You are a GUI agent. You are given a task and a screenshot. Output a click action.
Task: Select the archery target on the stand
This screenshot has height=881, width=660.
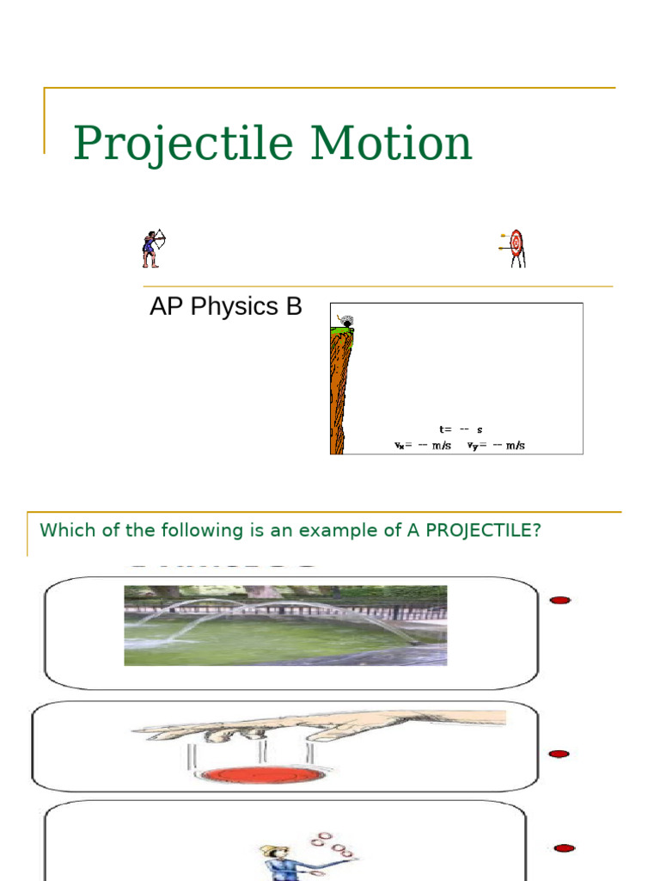516,247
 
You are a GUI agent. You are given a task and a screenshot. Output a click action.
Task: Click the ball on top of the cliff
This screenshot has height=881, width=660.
346,323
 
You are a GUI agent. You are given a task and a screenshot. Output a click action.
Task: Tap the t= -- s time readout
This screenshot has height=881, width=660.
461,429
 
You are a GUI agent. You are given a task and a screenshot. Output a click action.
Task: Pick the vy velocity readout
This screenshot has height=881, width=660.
496,446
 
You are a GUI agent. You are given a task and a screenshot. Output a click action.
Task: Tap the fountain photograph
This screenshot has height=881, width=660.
285,625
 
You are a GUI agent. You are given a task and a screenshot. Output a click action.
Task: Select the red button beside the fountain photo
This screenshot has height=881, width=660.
560,600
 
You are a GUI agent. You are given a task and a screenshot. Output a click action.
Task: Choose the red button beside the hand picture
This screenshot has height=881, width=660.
559,754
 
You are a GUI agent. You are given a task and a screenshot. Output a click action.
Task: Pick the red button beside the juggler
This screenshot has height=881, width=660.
564,847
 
